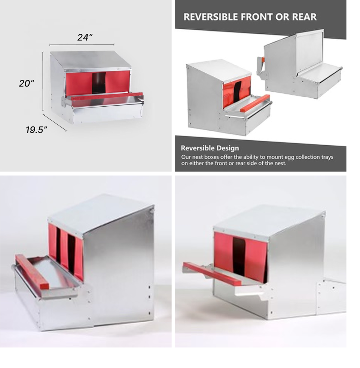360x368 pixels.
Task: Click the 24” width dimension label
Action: (x=85, y=37)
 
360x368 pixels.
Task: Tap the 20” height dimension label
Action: (x=27, y=83)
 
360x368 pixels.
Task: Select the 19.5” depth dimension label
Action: (x=37, y=130)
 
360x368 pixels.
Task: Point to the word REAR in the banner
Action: (x=304, y=17)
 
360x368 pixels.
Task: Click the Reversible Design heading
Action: (x=210, y=148)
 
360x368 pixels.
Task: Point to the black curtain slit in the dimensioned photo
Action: (x=99, y=83)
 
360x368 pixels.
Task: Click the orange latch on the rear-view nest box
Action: (x=262, y=60)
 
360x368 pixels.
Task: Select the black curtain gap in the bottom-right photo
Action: (x=239, y=253)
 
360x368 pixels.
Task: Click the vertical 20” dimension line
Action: (x=43, y=81)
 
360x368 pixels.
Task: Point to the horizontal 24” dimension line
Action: (x=82, y=44)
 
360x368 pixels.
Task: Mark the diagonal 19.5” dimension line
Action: (x=55, y=123)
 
